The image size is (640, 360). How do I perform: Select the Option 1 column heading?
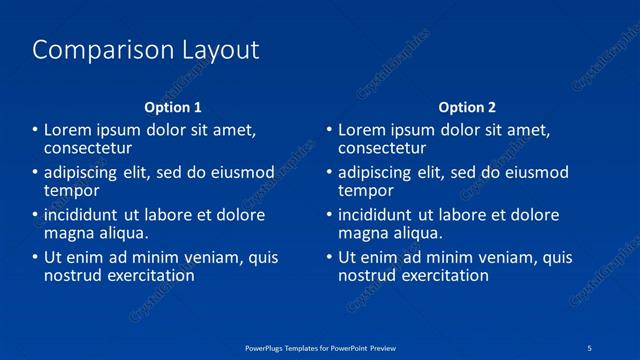[173, 107]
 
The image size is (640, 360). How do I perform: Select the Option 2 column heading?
[467, 107]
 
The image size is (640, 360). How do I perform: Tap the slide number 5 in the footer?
[590, 347]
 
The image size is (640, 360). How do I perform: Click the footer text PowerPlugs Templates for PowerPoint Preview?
[320, 347]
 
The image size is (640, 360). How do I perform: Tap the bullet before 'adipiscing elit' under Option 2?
[329, 173]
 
